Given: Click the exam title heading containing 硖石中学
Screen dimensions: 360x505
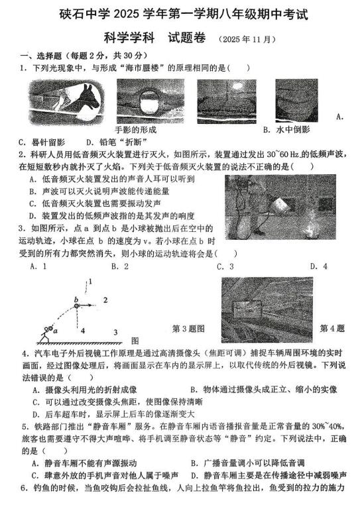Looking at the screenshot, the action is pos(184,14).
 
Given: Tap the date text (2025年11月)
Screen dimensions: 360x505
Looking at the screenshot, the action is pos(247,39).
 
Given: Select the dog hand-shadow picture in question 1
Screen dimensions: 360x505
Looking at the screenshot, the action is pos(67,102).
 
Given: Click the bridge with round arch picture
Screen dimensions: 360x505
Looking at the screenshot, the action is pos(150,101).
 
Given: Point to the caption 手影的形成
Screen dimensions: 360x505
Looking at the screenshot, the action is pos(136,130).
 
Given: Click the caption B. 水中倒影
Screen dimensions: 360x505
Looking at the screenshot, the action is pos(286,129).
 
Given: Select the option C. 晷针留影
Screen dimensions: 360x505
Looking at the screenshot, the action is pos(42,142).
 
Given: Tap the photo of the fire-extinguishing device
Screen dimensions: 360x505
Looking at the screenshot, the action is pos(280,207).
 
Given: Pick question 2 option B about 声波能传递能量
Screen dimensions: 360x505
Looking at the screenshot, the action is pos(99,192).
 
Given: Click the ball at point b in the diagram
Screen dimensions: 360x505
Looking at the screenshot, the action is pos(76,306).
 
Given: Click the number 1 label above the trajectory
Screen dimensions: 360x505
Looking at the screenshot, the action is pos(91,282).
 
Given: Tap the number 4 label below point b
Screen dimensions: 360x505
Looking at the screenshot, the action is pos(83,331).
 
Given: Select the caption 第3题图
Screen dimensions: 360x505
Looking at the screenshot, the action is pos(188,329).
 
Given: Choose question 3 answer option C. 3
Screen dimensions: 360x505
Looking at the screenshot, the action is pos(225,266).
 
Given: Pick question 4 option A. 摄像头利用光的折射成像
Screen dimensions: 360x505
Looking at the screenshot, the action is pos(85,390).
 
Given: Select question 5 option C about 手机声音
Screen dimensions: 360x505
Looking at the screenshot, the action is pos(105,475).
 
